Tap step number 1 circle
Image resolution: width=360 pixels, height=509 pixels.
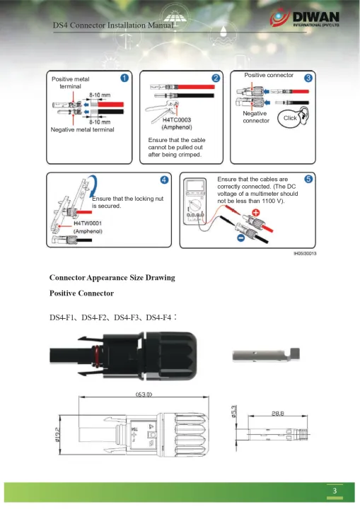(x=124, y=78)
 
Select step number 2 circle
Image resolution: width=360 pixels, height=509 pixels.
(x=216, y=77)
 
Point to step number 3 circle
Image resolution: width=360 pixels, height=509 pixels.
(x=308, y=77)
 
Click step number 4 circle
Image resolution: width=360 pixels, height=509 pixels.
(x=163, y=180)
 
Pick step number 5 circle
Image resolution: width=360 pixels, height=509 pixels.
(x=308, y=180)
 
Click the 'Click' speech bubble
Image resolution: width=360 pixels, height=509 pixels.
(x=290, y=119)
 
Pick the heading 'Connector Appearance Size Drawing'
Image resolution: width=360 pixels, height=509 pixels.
(x=112, y=277)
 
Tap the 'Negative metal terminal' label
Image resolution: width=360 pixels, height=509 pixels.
(x=82, y=130)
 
